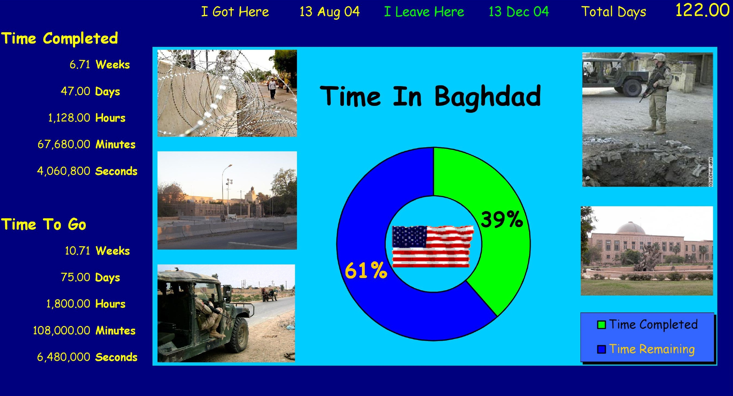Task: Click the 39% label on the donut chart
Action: point(502,219)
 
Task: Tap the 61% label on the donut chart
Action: point(366,270)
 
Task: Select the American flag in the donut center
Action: point(433,246)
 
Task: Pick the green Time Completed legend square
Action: point(601,325)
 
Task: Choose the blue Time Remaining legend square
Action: point(601,349)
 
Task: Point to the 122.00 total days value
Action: point(702,10)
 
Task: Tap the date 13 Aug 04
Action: point(330,12)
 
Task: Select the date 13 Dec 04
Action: point(518,12)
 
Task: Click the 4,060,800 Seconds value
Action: point(87,171)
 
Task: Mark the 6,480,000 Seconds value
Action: point(87,357)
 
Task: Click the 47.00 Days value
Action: point(90,92)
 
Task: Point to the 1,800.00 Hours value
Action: point(86,304)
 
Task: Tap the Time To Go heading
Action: point(44,224)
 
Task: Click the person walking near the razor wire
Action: point(272,88)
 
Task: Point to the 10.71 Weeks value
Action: point(97,251)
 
